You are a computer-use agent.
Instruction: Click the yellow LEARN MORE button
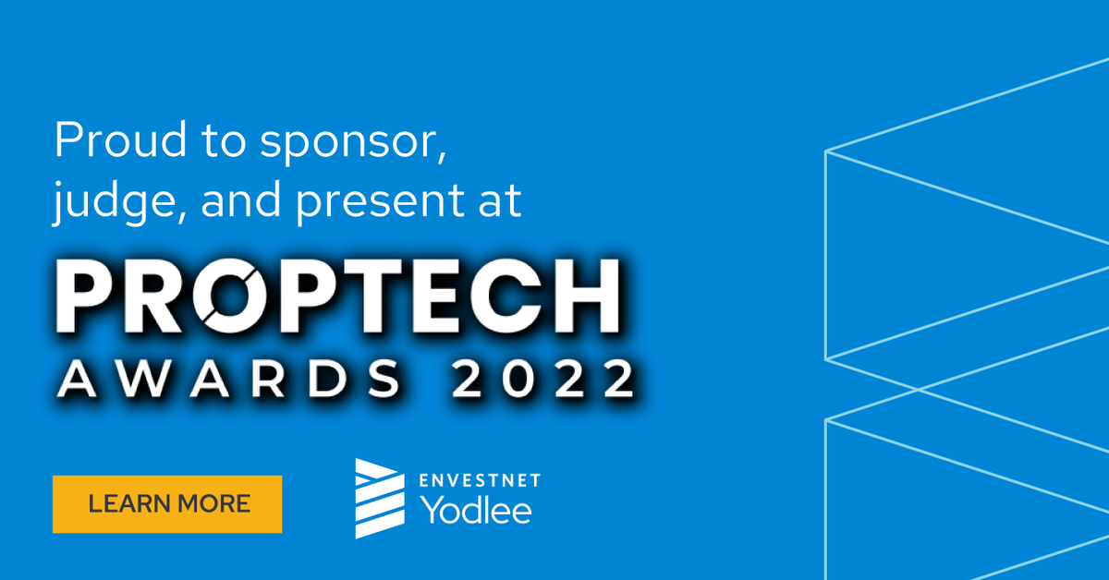pos(167,504)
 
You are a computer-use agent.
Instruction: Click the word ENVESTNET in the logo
pos(480,479)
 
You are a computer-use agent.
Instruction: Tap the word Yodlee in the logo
pos(476,509)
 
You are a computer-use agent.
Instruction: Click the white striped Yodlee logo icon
pos(379,498)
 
